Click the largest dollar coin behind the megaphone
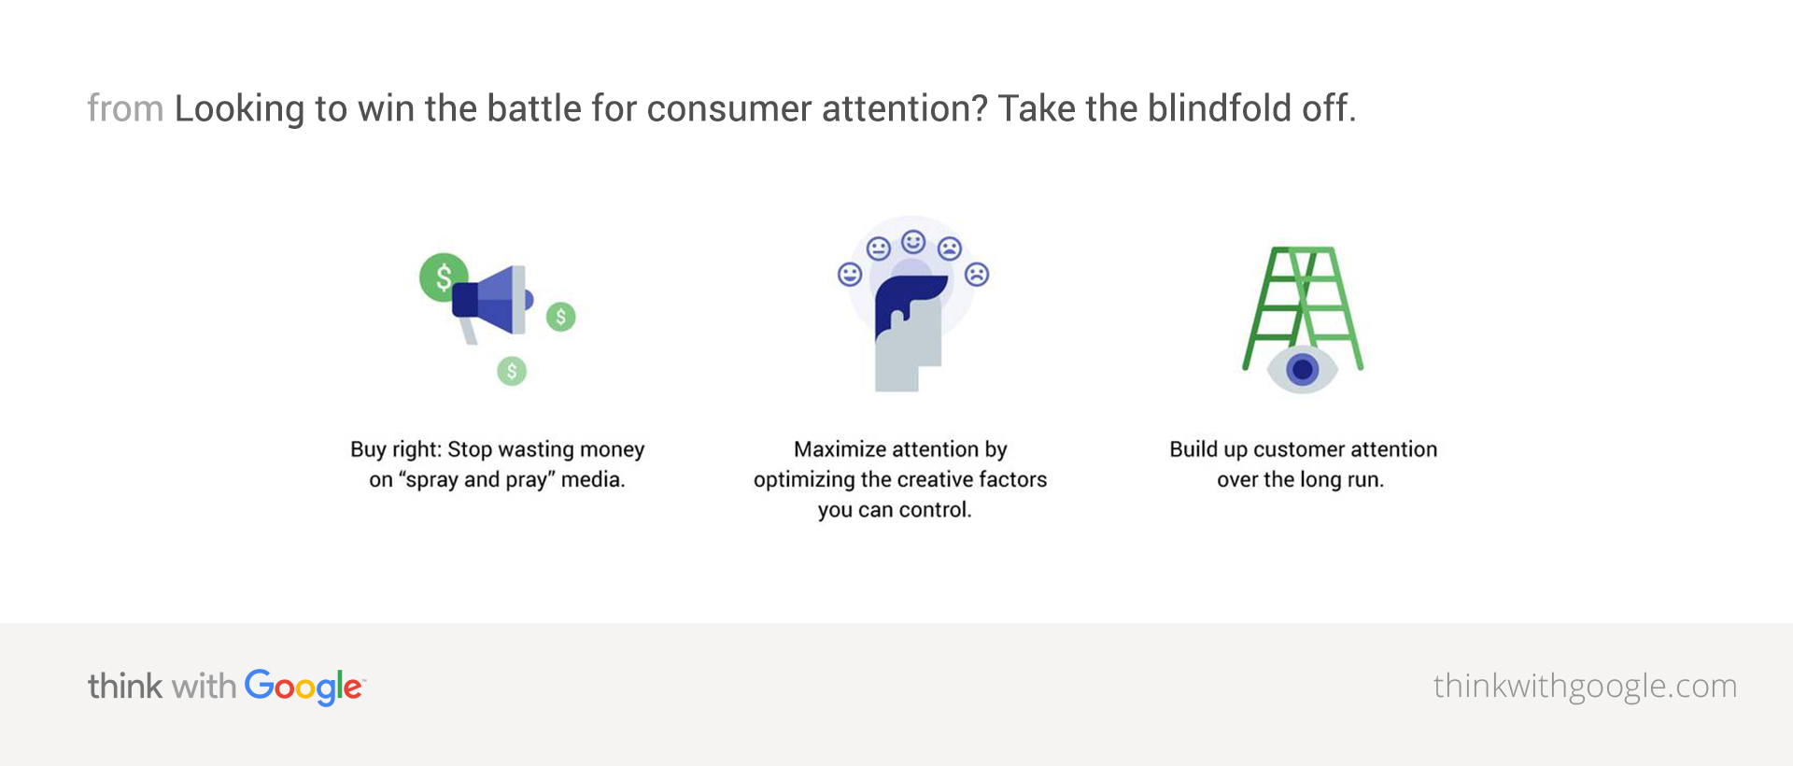[443, 277]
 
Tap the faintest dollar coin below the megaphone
[512, 371]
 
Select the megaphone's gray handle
[467, 331]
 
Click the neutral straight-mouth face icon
[878, 248]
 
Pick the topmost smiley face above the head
[913, 242]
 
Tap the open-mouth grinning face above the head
[850, 275]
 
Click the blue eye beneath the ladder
[1302, 370]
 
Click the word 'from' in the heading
[125, 108]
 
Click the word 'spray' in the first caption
[431, 480]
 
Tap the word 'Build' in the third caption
[1193, 449]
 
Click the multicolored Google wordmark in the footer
[304, 688]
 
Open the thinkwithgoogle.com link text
[1585, 687]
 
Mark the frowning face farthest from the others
[977, 275]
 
